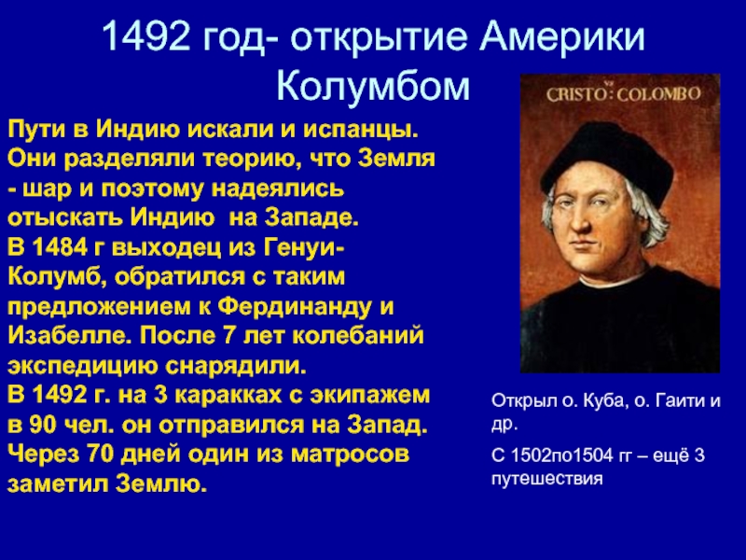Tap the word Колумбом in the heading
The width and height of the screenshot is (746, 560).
click(373, 86)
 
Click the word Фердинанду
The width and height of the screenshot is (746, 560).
click(295, 307)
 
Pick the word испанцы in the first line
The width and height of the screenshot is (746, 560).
click(361, 131)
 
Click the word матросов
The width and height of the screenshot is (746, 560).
click(351, 455)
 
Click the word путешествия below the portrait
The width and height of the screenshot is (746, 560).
click(546, 479)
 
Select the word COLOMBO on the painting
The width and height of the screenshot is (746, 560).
click(659, 93)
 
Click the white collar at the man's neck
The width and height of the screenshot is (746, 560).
click(618, 282)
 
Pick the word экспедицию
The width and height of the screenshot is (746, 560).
click(82, 367)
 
